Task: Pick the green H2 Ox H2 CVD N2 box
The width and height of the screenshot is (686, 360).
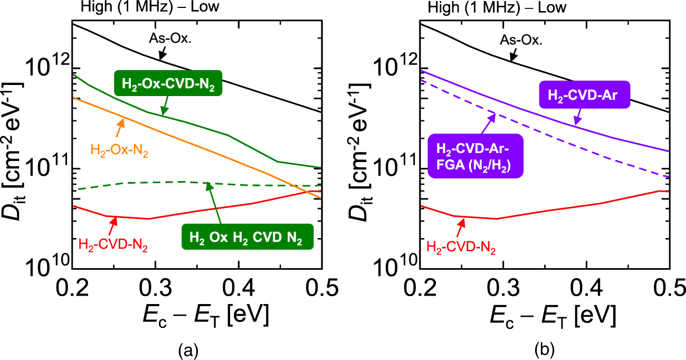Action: coord(247,237)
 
